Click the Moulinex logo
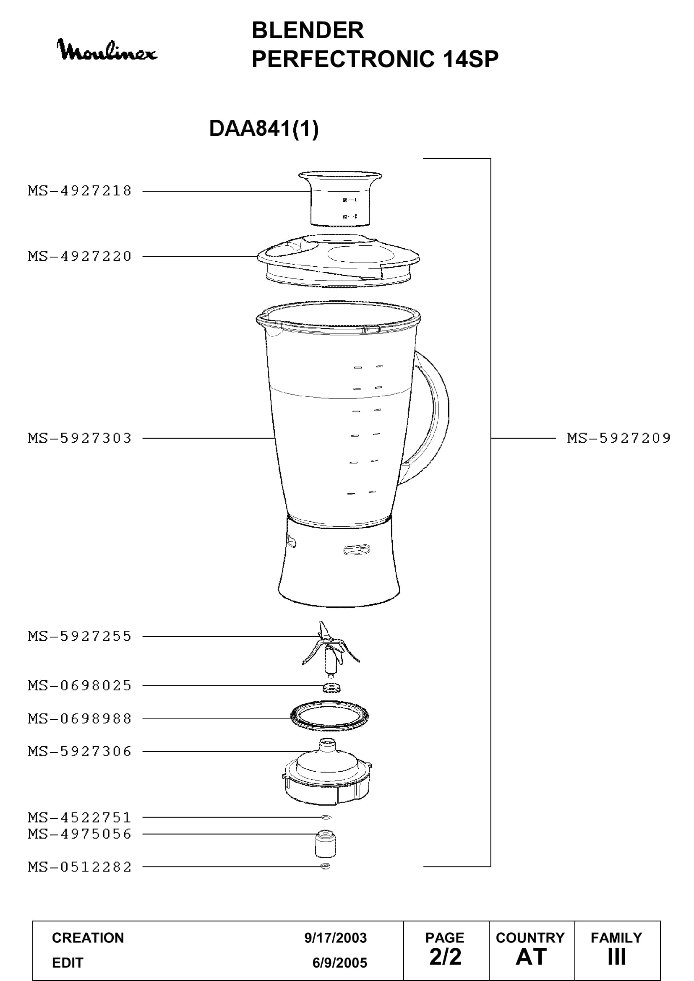coord(107,49)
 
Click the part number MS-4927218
coord(80,191)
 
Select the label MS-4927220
coord(80,256)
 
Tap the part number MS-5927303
coord(80,438)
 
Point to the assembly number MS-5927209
coord(619,438)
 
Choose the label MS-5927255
coord(80,636)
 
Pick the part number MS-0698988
coord(80,719)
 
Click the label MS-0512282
coord(80,867)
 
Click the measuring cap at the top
coord(340,199)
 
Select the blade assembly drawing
coord(331,649)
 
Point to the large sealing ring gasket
coord(329,728)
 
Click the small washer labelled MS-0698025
coord(332,687)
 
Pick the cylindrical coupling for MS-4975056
coord(325,844)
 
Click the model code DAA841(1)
coord(264,128)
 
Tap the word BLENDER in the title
coord(308,30)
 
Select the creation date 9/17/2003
coord(336,938)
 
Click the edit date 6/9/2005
coord(340,963)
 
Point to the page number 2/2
coord(445,957)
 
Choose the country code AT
coord(531,957)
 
